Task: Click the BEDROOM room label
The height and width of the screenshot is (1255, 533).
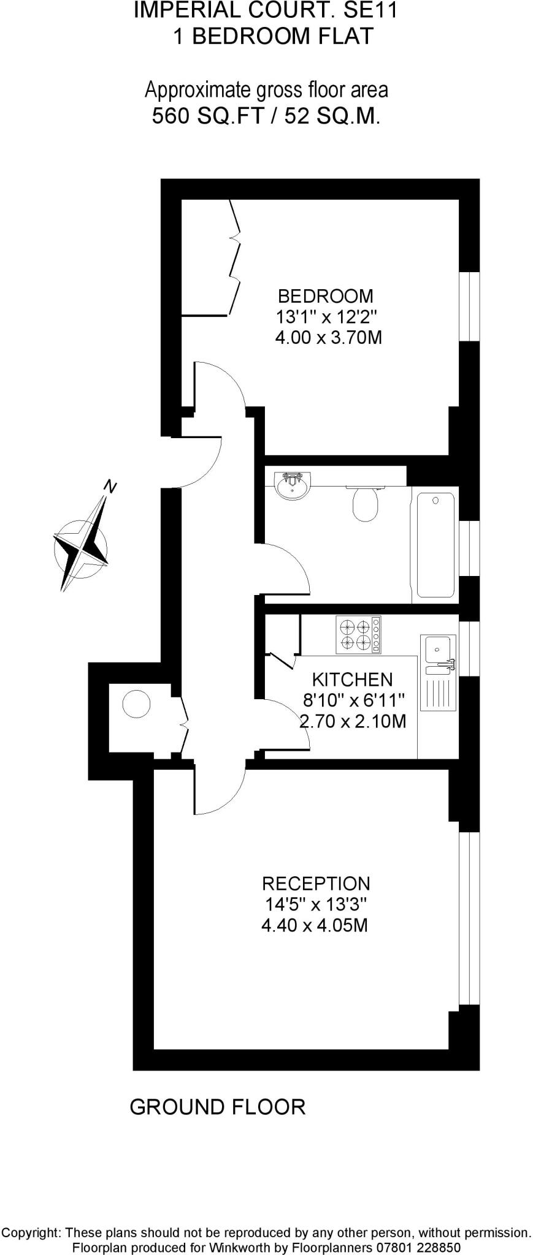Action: point(325,296)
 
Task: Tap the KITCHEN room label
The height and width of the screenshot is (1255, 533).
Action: point(352,679)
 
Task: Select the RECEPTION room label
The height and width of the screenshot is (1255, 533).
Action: point(316,883)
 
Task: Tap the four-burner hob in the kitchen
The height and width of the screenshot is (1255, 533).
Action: point(358,634)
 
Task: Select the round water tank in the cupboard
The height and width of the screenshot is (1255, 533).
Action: point(136,704)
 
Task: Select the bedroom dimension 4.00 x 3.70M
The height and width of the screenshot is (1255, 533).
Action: point(329,337)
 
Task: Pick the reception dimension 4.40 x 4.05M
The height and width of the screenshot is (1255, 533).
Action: point(315,925)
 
